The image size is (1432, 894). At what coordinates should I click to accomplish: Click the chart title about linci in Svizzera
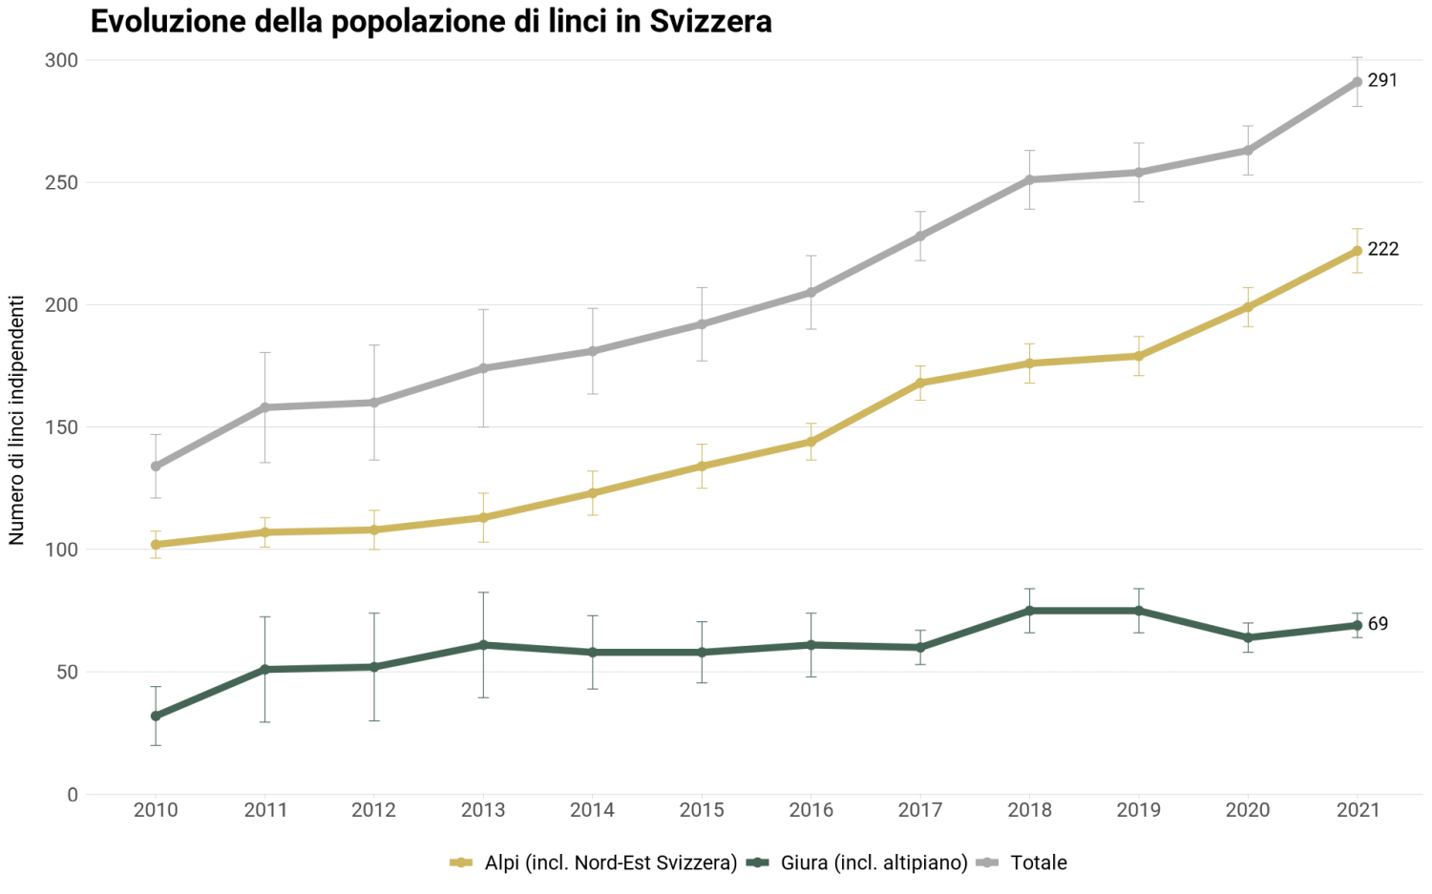click(431, 22)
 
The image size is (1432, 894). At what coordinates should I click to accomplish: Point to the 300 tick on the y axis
click(61, 60)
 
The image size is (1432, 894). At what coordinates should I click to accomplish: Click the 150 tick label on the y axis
click(61, 427)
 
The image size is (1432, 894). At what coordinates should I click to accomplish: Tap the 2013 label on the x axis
click(483, 810)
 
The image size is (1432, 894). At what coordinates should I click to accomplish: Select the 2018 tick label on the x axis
click(1029, 810)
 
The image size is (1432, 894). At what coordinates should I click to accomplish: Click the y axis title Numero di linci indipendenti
click(17, 420)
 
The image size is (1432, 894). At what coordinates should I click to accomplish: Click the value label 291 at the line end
click(1382, 81)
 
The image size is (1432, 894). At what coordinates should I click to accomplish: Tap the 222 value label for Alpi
click(1383, 250)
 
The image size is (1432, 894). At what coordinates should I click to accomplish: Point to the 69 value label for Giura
click(1378, 624)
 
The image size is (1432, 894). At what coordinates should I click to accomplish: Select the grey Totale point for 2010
click(156, 467)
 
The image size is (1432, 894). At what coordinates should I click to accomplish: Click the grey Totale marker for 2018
click(1030, 179)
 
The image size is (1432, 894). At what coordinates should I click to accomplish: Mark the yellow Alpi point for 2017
click(920, 383)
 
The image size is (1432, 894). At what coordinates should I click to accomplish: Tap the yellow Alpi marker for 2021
click(1357, 251)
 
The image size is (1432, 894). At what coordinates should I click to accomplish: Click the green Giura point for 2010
click(156, 716)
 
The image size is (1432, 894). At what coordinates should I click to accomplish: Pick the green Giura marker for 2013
click(483, 645)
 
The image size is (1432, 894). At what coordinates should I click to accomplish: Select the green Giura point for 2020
click(1248, 637)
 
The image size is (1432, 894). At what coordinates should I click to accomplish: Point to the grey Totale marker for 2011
click(265, 407)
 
